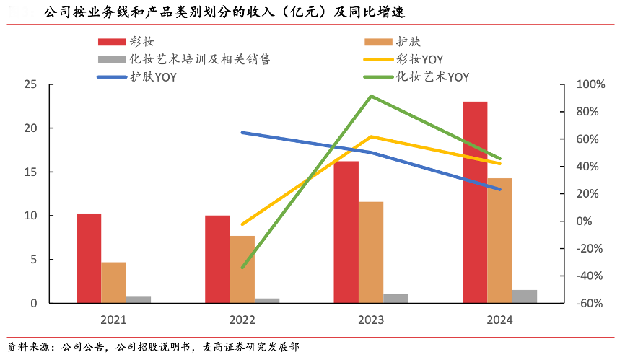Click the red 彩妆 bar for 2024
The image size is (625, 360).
[474, 202]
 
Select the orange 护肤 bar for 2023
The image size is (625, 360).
[371, 252]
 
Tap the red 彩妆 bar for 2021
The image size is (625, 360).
[89, 258]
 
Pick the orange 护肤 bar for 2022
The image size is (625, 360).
[242, 269]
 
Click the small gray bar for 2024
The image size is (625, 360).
[525, 296]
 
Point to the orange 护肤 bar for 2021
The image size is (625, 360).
[114, 282]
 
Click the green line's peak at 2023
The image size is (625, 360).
[370, 96]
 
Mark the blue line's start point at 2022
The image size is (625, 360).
[242, 133]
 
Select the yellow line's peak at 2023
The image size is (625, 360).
[370, 136]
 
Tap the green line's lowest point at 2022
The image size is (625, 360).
[242, 268]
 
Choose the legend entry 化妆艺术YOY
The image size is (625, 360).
[432, 76]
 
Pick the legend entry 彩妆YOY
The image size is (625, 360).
[420, 59]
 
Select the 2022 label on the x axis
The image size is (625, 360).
[242, 320]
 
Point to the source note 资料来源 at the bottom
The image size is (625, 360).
[152, 347]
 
